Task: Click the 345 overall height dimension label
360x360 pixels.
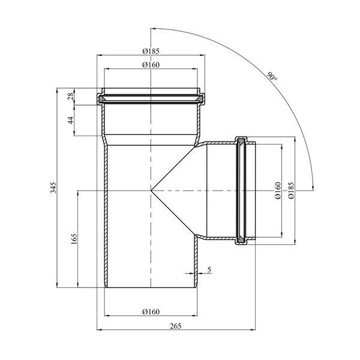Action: (x=53, y=188)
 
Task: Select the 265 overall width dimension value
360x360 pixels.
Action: (x=176, y=326)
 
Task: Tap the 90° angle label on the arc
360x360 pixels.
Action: (x=272, y=76)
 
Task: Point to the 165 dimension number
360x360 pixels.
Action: (x=74, y=239)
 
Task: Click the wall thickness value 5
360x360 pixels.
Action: (x=209, y=269)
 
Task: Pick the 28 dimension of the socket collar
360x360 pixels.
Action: (x=71, y=95)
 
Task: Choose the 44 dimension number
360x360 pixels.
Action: (x=71, y=120)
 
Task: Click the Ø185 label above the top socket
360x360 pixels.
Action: (x=151, y=51)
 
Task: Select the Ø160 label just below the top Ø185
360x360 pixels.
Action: (x=151, y=65)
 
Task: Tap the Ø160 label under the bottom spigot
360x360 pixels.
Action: (x=151, y=311)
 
